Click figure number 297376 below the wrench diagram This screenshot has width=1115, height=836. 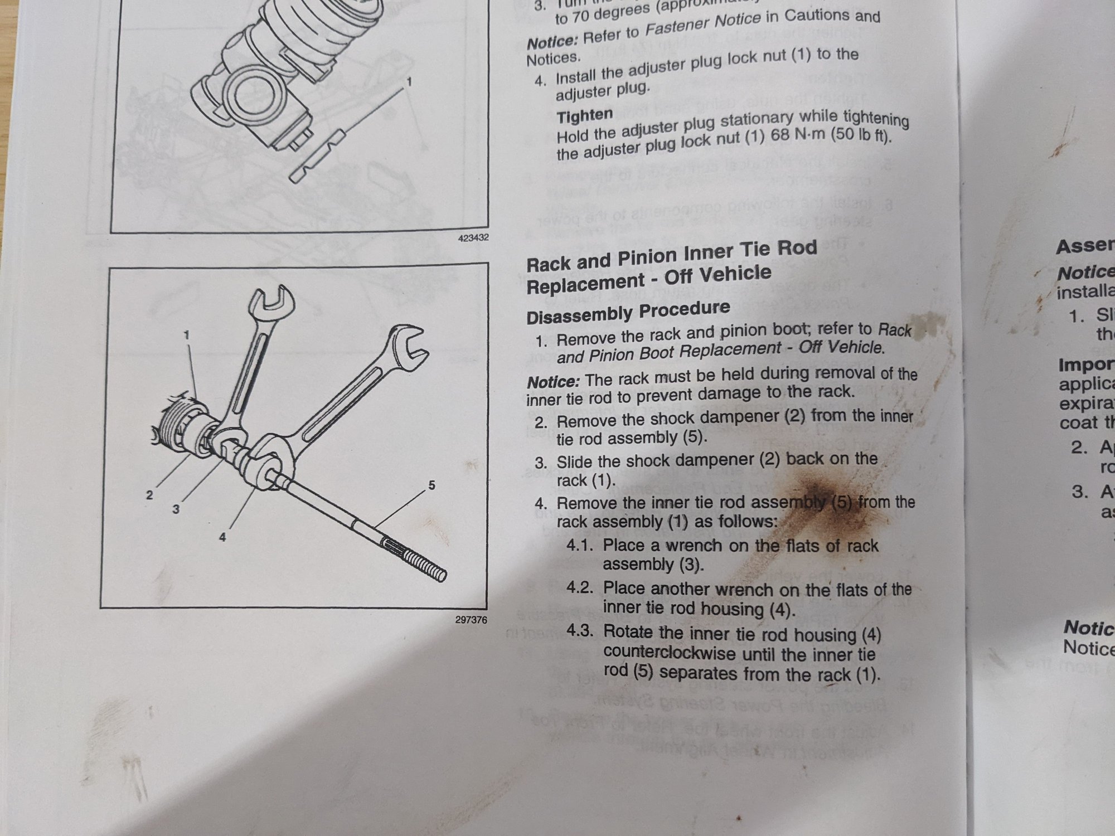(471, 620)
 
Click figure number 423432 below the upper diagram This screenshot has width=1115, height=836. (473, 238)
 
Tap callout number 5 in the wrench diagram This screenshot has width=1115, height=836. (432, 485)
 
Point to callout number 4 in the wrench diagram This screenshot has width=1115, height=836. (222, 538)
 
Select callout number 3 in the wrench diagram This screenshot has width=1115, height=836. (176, 509)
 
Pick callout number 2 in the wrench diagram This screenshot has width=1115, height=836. (149, 495)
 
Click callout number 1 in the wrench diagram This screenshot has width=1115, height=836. (187, 335)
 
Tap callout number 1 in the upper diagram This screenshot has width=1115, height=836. (409, 82)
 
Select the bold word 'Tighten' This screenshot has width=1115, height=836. (585, 116)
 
